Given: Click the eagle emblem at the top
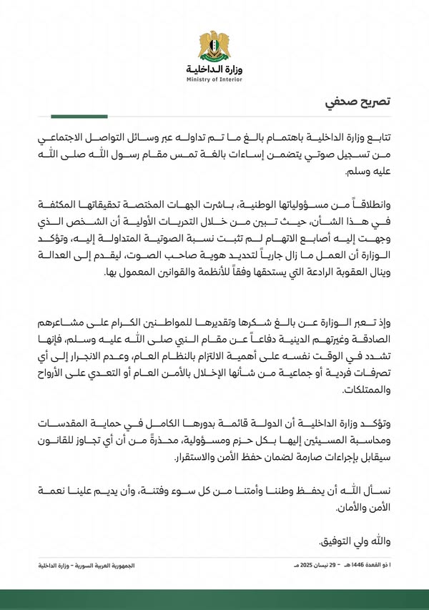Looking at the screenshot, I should (x=214, y=45).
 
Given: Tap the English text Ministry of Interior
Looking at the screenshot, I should (x=214, y=79).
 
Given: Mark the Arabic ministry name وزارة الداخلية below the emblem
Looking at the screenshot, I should (x=214, y=70).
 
